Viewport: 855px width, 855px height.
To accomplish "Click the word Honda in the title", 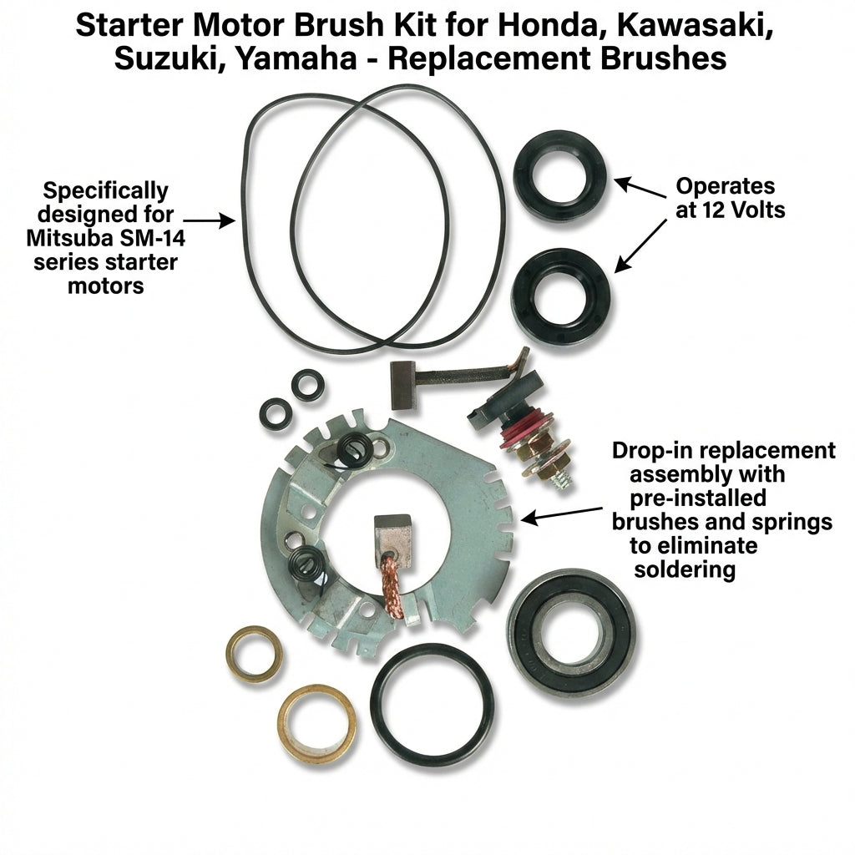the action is [549, 25].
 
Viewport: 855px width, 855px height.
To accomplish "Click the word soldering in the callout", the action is [685, 569].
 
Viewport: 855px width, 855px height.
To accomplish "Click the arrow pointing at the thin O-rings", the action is [210, 220].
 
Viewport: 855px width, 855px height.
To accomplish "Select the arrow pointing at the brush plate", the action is [562, 514].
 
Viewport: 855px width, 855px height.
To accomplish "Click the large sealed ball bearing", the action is [571, 633].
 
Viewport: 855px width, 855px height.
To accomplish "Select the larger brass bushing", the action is [317, 724].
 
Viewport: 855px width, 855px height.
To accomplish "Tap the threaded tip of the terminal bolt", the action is [562, 480].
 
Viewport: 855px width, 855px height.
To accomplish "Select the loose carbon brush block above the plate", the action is [403, 386].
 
